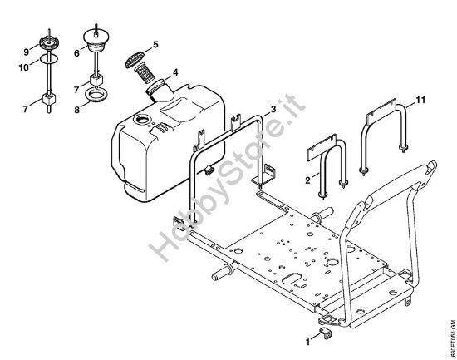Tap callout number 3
[x=273, y=109]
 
